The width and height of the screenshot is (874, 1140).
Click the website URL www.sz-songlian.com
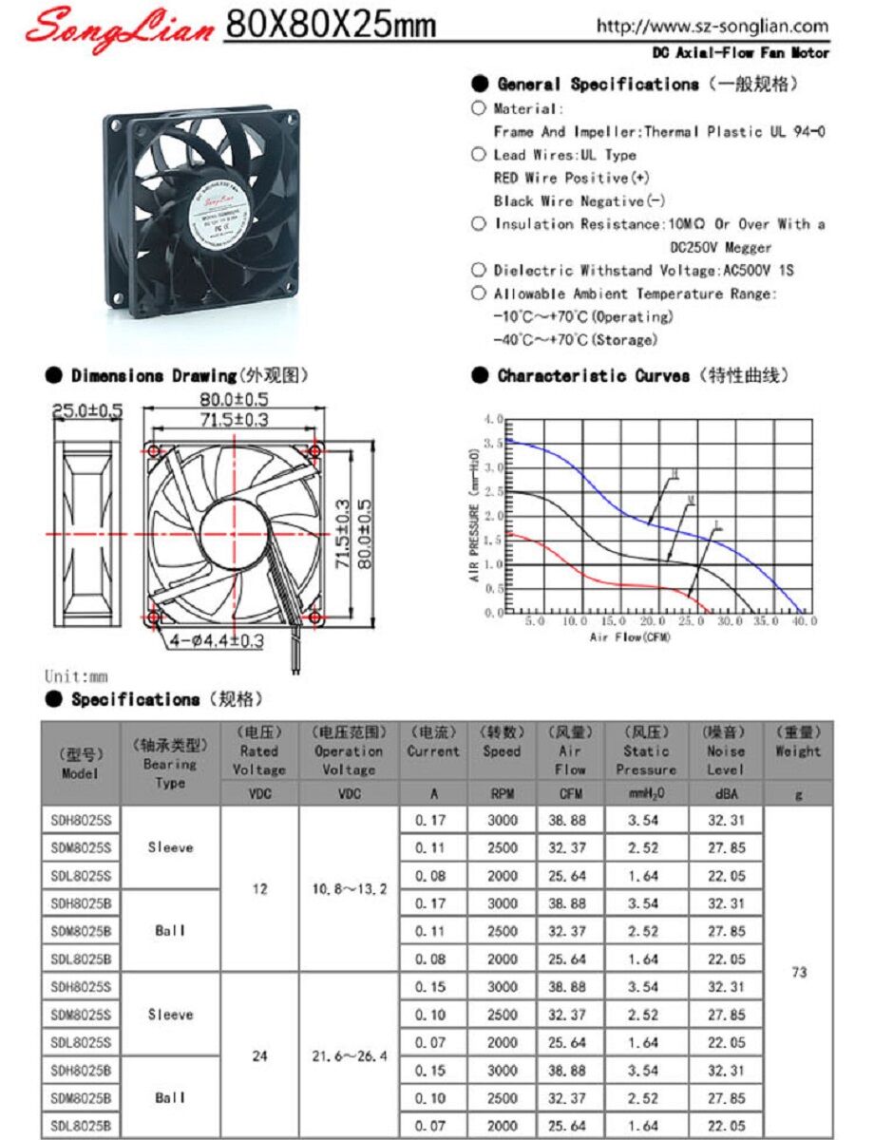(712, 27)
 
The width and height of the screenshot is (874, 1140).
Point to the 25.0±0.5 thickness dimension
(86, 410)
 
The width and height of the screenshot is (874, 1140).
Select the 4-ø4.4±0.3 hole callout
(217, 641)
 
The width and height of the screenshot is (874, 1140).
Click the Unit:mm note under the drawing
(76, 676)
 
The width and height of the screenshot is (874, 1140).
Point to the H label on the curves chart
(675, 472)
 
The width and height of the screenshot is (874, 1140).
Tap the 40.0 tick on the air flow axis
(805, 621)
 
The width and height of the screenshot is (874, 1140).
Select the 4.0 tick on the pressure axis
(492, 419)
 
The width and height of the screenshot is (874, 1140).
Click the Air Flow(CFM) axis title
(630, 636)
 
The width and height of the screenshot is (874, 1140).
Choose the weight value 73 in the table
(798, 973)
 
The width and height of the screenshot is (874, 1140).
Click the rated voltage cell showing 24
(259, 1055)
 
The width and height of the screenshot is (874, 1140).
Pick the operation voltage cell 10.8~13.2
(350, 889)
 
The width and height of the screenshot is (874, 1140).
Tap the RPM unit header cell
(502, 793)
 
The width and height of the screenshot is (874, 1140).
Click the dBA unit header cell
(726, 793)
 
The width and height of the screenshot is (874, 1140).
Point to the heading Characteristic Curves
(594, 376)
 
